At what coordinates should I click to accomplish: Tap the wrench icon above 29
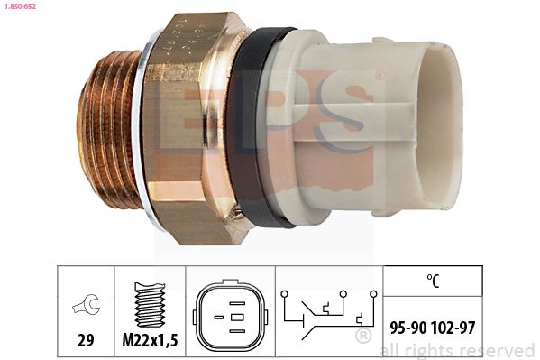[x=86, y=308]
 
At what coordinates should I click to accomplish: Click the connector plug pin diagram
[x=230, y=317]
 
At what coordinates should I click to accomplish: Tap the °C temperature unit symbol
[x=433, y=282]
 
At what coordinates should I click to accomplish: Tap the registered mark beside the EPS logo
[x=380, y=77]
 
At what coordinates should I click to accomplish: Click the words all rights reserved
[x=457, y=350]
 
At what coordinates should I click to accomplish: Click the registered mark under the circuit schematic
[x=362, y=337]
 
